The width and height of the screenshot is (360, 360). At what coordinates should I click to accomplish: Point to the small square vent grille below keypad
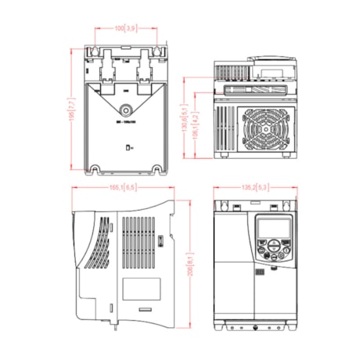coord(261,272)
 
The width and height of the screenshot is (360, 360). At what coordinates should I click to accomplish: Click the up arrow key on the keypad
coord(272,245)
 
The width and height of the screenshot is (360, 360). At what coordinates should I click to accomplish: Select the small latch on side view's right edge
coord(160,239)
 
